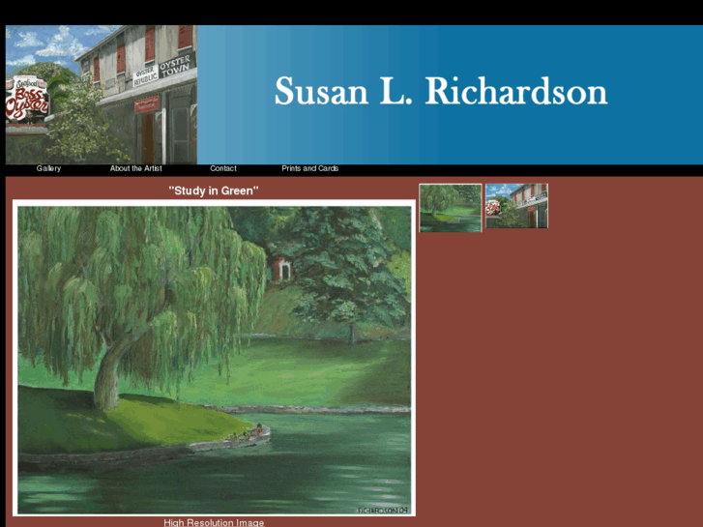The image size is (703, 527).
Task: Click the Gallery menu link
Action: [x=48, y=168]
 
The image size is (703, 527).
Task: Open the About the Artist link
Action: [x=135, y=168]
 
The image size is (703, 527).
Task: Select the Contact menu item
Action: [x=223, y=168]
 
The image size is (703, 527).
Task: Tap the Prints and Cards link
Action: [x=309, y=168]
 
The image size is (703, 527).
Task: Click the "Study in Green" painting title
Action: [x=214, y=190]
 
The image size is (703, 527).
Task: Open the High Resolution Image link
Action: [x=214, y=522]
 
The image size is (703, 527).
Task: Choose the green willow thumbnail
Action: [x=450, y=207]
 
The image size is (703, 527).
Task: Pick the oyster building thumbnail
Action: [x=516, y=207]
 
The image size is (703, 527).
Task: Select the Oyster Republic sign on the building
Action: [x=144, y=77]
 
